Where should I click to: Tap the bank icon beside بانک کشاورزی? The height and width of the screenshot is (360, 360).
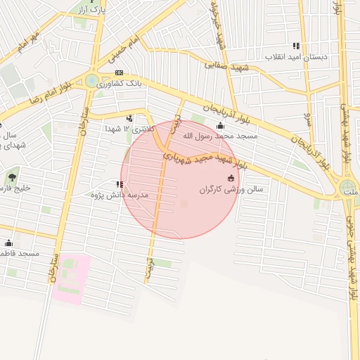tap(119, 72)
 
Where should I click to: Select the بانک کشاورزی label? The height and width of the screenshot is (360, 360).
tap(120, 84)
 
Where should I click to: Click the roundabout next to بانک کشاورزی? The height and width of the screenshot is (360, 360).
tap(92, 81)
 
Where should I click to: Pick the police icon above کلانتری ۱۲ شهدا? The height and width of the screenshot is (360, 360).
tap(129, 118)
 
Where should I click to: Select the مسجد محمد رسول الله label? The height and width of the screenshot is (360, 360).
tap(220, 135)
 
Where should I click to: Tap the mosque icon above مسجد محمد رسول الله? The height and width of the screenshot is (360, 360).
tap(220, 125)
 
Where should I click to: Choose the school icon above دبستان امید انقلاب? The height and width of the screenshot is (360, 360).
tap(296, 46)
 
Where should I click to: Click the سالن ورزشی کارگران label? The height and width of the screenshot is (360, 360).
tap(219, 189)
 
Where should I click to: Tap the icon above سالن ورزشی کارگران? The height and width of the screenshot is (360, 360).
tap(231, 179)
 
